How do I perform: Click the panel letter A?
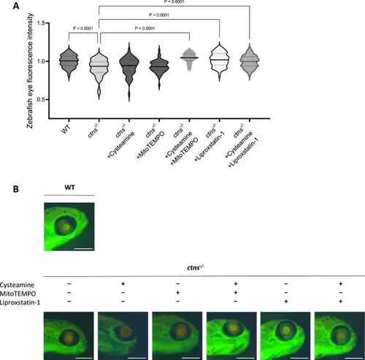click(x=16, y=6)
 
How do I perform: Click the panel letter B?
click(x=16, y=189)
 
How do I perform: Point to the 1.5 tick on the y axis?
click(x=47, y=23)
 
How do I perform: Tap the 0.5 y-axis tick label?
click(x=41, y=99)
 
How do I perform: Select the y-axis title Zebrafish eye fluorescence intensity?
click(x=30, y=71)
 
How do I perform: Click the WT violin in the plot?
click(x=69, y=63)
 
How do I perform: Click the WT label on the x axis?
click(x=66, y=129)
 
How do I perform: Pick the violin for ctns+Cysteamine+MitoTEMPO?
click(x=189, y=59)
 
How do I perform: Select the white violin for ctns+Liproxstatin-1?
click(x=220, y=61)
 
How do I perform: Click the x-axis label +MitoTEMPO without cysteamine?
click(x=150, y=145)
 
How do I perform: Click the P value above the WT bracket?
click(x=83, y=28)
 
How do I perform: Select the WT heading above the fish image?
click(x=69, y=188)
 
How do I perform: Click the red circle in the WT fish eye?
click(x=66, y=227)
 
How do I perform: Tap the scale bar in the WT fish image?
click(x=83, y=249)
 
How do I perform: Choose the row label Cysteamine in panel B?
click(x=17, y=285)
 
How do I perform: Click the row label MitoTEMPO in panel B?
click(x=18, y=294)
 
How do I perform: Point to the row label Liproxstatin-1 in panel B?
click(x=20, y=302)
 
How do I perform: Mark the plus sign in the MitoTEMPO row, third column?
click(x=177, y=293)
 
